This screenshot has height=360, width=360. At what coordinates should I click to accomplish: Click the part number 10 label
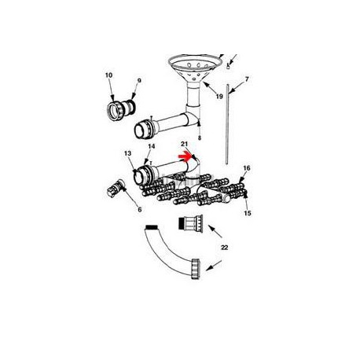pos(108,75)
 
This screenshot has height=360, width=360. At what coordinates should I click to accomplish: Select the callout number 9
pos(139,81)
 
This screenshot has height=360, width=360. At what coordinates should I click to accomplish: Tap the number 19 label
pos(219,97)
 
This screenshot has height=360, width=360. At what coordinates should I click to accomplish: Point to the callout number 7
pos(247,79)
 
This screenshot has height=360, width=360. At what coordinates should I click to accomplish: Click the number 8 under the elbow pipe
pos(200,138)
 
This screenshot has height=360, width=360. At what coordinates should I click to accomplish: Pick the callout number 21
pos(185,144)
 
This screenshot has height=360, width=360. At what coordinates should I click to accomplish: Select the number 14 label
pos(152,146)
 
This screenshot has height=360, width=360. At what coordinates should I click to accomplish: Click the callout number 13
pos(127,153)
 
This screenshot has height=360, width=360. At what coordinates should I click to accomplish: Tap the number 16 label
pos(247,168)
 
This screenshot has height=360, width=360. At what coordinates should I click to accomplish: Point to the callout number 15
pos(248,213)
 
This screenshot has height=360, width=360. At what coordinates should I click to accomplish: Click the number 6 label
pos(140,209)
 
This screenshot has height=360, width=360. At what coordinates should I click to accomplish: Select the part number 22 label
pos(225,248)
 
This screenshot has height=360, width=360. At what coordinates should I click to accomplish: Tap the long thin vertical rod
pos(227,124)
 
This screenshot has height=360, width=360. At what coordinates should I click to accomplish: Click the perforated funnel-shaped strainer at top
pos(194,68)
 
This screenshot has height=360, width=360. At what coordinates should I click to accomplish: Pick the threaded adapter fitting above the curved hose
pos(190,223)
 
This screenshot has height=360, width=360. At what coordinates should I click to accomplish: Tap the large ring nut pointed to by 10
pos(116,112)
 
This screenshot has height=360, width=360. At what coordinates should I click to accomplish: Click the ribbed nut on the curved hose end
pos(196,270)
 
